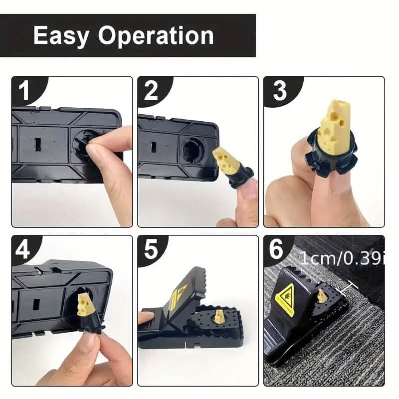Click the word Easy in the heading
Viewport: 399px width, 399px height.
61,36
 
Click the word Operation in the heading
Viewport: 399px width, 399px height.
156,36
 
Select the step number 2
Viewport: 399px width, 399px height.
151,92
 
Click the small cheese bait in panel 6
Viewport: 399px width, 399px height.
322,296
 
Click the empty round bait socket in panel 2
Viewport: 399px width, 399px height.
192,148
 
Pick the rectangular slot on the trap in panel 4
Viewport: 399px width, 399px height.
36,304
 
